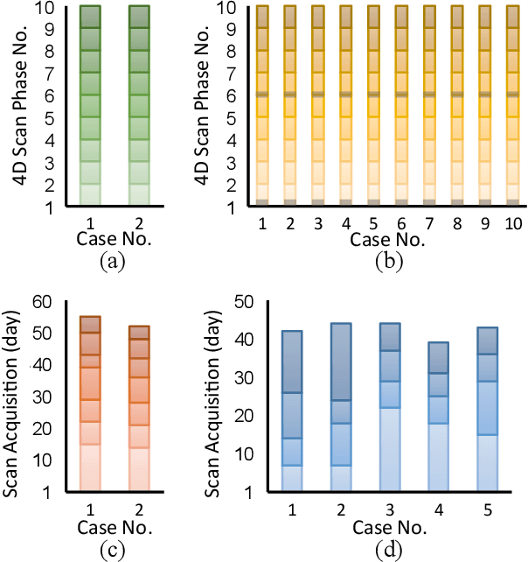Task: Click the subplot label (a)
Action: tap(115, 260)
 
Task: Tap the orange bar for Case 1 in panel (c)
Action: tap(90, 403)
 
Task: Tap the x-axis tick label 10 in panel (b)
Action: tap(513, 225)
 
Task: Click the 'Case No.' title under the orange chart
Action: tap(115, 527)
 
